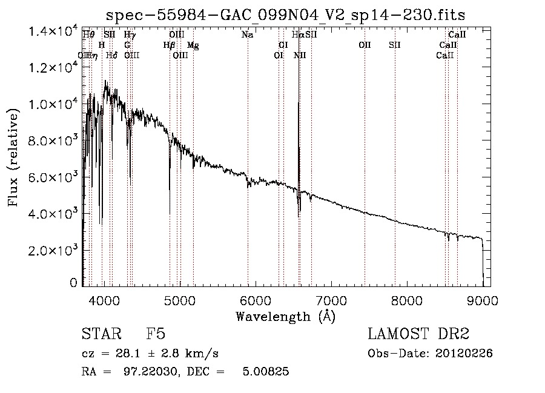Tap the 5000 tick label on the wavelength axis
point(180,300)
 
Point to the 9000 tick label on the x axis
point(483,300)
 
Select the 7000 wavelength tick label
point(331,300)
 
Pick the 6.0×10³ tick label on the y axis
point(54,177)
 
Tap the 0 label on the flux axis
point(73,283)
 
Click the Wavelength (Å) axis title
point(285,315)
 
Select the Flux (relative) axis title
point(15,157)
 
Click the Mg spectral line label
point(193,45)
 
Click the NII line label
point(300,56)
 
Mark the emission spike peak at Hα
point(299,103)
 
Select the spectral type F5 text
point(156,334)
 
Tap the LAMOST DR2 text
point(418,334)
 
